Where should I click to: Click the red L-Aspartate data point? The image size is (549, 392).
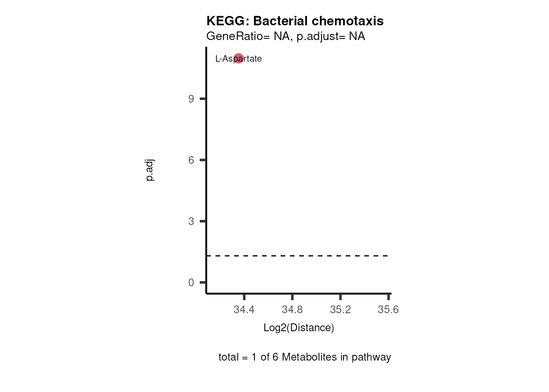point(239,58)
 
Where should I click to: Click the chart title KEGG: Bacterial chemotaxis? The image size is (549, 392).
point(295,21)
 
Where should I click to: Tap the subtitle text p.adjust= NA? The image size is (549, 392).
point(331,36)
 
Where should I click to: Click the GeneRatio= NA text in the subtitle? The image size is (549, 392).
point(248,36)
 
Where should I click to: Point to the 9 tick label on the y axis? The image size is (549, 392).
point(191,99)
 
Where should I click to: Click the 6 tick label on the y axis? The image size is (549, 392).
point(191,160)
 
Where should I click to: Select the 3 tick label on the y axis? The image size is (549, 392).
point(191,221)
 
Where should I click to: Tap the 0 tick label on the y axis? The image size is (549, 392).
point(191,283)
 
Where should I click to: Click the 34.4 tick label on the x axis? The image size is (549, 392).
point(244,310)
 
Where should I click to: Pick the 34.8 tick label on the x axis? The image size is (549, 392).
point(292,310)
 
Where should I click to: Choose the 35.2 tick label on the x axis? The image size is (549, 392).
point(340,310)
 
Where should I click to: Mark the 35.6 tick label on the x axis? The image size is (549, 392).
point(388,310)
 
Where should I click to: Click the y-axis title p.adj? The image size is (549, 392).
point(150,170)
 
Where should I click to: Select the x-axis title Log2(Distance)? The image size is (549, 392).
point(299,328)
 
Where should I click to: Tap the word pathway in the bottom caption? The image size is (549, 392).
point(371,357)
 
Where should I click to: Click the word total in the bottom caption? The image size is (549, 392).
point(228,357)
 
